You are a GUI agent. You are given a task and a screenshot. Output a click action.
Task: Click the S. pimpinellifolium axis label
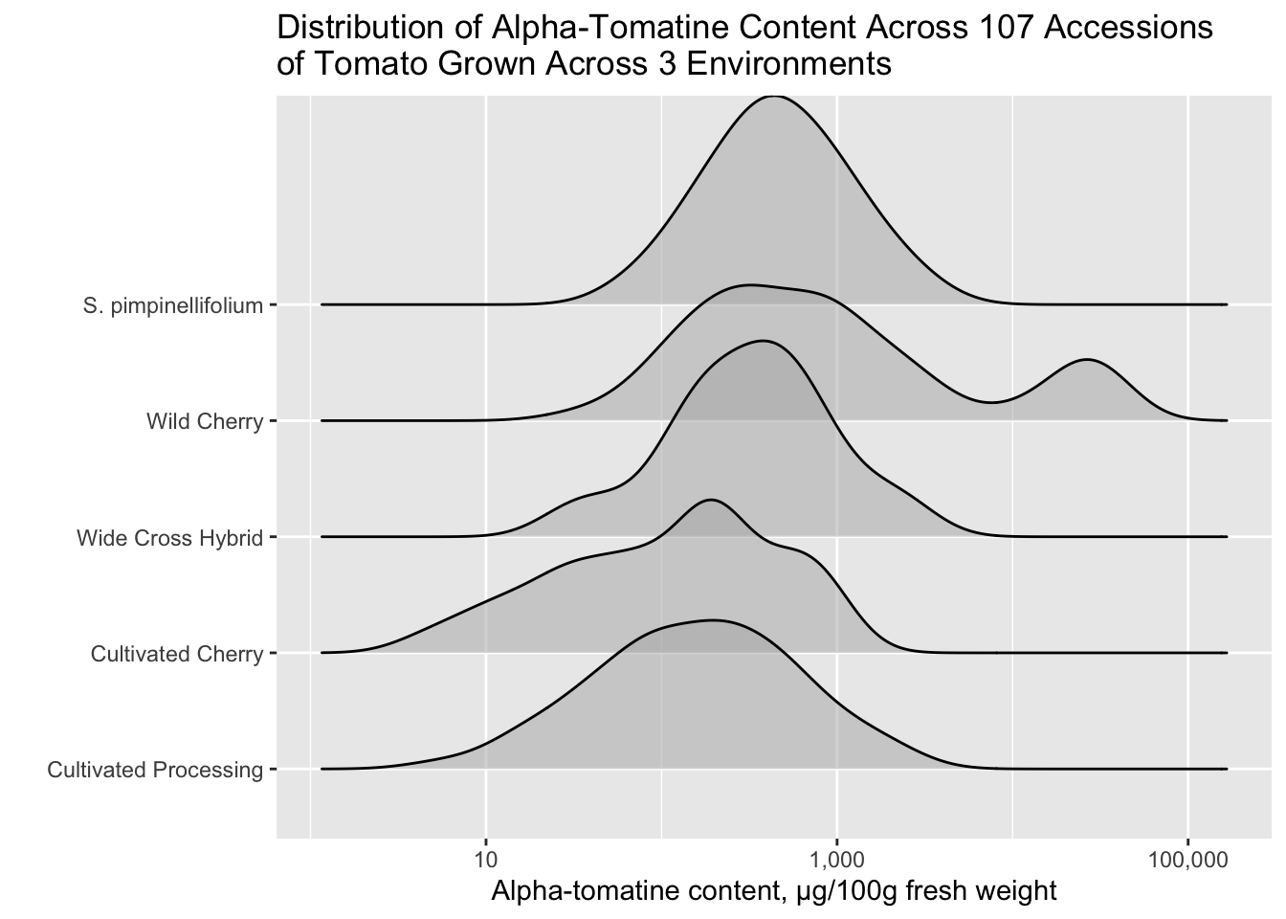click(x=173, y=305)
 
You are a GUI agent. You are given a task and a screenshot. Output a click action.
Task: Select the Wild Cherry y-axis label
click(x=205, y=421)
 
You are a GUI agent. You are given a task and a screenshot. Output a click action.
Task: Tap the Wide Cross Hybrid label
click(x=170, y=538)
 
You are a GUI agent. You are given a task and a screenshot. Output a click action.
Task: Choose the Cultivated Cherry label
click(x=177, y=654)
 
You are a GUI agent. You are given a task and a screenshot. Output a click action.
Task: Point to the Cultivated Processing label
click(x=155, y=770)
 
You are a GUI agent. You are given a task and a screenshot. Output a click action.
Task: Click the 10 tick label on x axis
click(x=486, y=860)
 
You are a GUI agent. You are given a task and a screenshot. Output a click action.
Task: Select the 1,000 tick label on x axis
click(x=837, y=860)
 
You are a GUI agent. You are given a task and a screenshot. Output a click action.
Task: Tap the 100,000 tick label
click(x=1187, y=860)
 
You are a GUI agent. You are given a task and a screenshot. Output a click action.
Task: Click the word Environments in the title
click(x=788, y=63)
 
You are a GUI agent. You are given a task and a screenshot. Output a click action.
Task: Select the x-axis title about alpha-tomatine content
click(x=774, y=891)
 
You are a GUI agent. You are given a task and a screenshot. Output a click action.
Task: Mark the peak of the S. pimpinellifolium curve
click(x=774, y=96)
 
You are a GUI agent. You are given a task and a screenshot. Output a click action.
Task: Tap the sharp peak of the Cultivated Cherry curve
click(x=711, y=500)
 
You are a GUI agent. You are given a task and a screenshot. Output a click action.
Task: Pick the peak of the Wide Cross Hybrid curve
click(x=763, y=341)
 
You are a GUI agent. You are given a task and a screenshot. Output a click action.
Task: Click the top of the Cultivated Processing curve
click(x=714, y=619)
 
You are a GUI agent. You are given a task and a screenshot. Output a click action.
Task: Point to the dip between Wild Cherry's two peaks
click(x=991, y=403)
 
